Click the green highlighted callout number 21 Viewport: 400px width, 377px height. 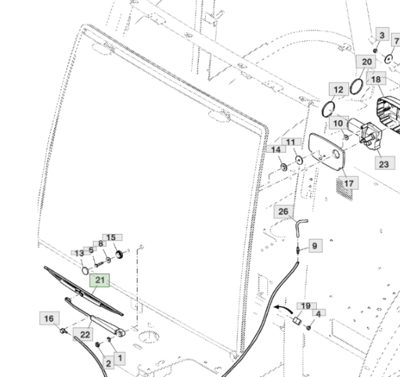[100, 281]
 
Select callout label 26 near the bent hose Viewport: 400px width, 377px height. [283, 212]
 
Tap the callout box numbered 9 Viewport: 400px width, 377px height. [316, 246]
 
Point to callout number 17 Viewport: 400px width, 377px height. [348, 183]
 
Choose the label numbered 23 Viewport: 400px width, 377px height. [385, 163]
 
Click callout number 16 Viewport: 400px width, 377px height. [50, 318]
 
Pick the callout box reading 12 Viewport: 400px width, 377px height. [339, 89]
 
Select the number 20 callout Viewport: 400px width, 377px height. [366, 61]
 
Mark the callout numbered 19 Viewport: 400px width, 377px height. [306, 306]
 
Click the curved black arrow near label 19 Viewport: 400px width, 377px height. [283, 309]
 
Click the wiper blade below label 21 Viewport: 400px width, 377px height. [84, 291]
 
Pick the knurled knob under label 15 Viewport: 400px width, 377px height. [119, 254]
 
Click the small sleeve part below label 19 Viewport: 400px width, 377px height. [297, 320]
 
